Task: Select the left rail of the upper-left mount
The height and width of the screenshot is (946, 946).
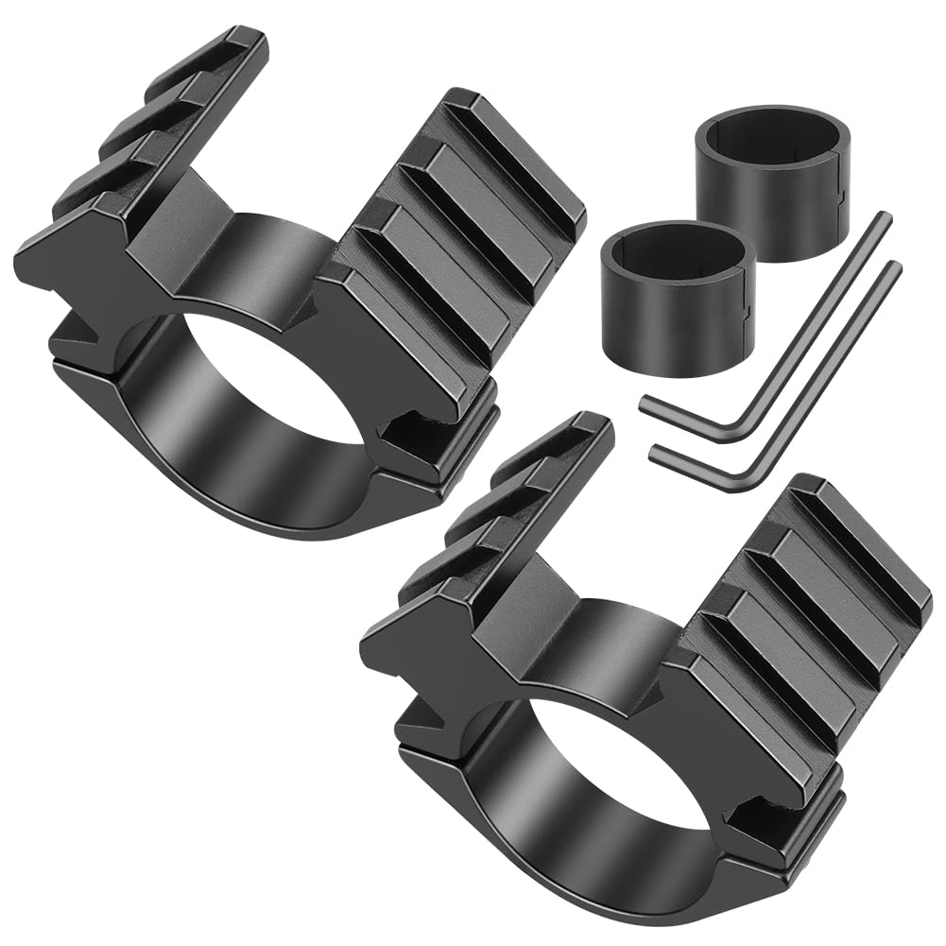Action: [x=142, y=161]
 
